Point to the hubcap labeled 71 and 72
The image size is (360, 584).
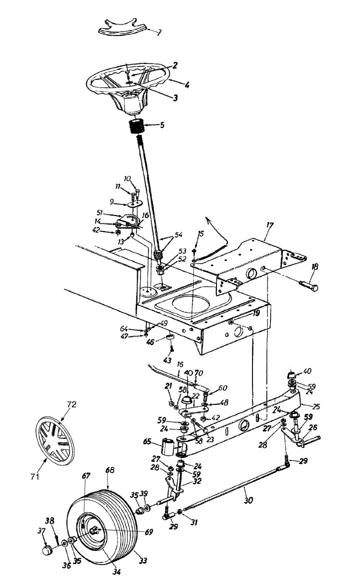pyautogui.click(x=55, y=440)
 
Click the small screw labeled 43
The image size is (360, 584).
pyautogui.click(x=172, y=350)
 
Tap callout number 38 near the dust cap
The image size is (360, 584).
pyautogui.click(x=49, y=519)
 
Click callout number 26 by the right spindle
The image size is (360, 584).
pyautogui.click(x=312, y=428)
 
